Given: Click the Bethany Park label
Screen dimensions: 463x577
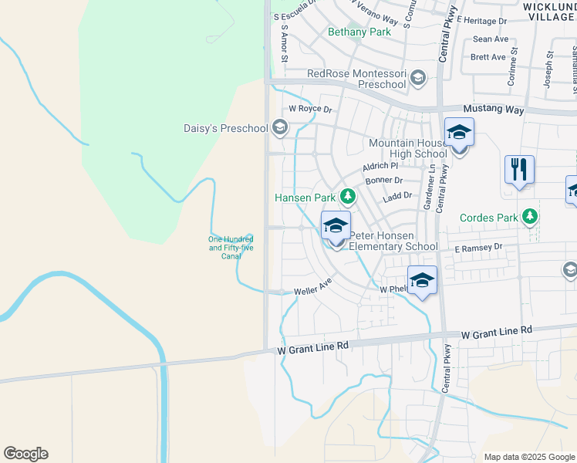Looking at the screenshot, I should click(x=359, y=32).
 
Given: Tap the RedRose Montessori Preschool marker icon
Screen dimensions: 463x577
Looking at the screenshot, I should click(x=418, y=77).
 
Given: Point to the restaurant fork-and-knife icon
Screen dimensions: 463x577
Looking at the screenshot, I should click(x=519, y=169).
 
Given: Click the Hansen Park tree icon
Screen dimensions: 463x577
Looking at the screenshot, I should click(x=347, y=198).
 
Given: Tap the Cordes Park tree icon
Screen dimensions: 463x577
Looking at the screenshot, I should click(x=529, y=217).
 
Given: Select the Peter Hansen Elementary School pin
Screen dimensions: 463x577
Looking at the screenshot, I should click(x=336, y=226).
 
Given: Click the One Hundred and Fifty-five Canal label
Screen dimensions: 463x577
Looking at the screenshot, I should click(x=231, y=247).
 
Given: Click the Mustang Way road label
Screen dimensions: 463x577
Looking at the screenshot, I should click(x=493, y=110).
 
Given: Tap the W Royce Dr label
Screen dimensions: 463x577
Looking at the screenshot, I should click(x=309, y=109).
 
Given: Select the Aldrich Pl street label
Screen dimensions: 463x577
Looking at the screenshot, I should click(x=380, y=166).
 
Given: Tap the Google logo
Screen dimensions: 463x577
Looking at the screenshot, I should click(x=25, y=454).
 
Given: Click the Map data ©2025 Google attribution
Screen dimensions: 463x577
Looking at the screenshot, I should click(x=529, y=457).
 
